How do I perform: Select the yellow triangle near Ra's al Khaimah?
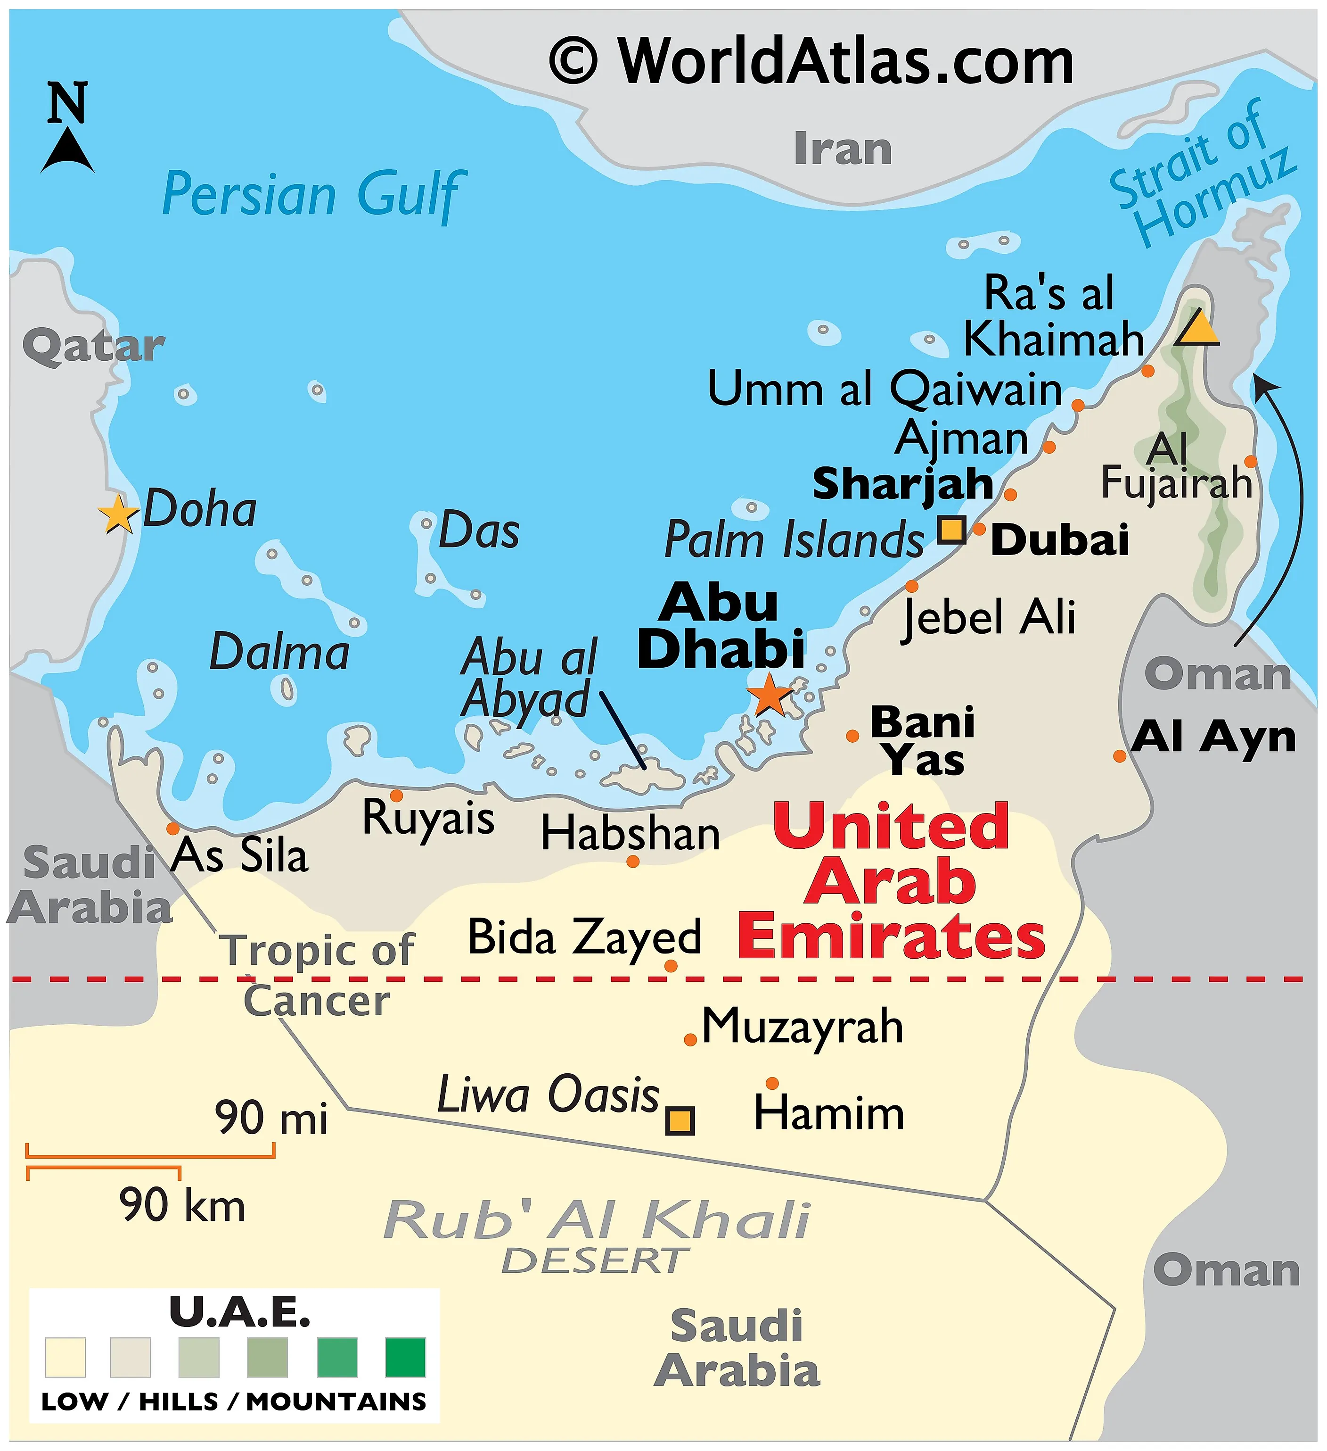1197,329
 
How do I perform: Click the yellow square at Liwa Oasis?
680,1120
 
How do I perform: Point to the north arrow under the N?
67,149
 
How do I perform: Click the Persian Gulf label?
313,194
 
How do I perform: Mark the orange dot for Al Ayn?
1119,756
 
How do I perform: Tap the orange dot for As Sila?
172,829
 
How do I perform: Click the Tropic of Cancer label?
317,975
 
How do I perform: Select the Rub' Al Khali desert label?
597,1224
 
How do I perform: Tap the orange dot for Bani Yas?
852,736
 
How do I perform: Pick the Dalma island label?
279,652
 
